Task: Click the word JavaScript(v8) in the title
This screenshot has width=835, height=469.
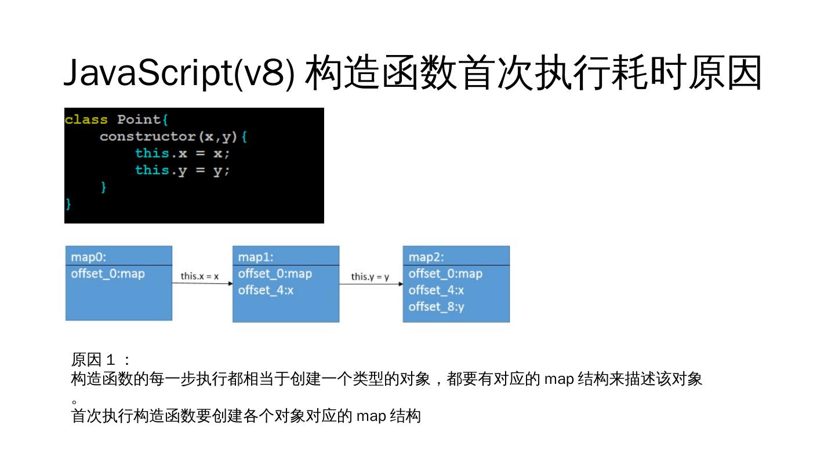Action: [179, 73]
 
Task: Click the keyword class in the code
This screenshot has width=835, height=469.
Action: [86, 119]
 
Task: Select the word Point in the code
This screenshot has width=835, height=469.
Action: [139, 119]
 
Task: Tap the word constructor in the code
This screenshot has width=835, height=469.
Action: [148, 137]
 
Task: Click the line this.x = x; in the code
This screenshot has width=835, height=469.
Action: [182, 153]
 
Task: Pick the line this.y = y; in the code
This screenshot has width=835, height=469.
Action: [182, 171]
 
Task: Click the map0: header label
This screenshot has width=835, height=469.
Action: [89, 257]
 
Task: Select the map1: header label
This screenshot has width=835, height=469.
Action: [256, 257]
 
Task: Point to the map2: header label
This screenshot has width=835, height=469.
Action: [426, 257]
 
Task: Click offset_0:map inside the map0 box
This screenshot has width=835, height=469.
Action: [108, 274]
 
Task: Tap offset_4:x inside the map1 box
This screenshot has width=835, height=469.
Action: [266, 290]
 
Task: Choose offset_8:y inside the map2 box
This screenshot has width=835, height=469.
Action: [436, 307]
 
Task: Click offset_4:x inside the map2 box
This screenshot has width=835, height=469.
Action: [436, 290]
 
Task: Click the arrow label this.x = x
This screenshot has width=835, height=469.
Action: [199, 276]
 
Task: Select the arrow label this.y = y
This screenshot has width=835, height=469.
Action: [370, 277]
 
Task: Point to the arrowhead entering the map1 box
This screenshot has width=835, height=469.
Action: [230, 284]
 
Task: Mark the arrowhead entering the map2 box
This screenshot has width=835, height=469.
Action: [401, 284]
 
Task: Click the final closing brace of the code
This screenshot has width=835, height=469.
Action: [68, 204]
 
